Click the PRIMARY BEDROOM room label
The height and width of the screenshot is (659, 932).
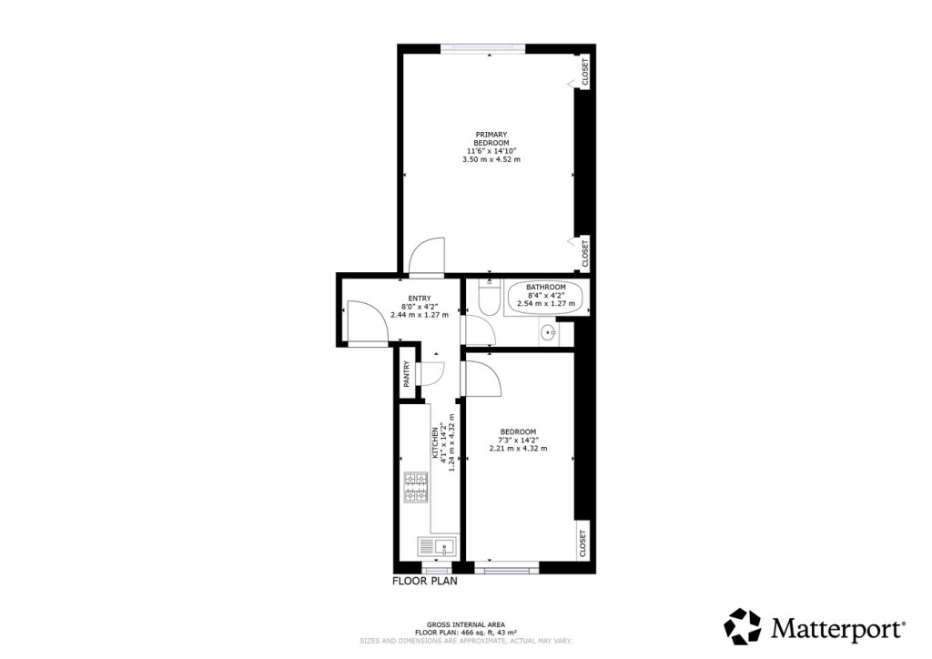pyautogui.click(x=491, y=138)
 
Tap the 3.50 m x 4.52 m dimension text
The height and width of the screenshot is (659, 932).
pyautogui.click(x=491, y=159)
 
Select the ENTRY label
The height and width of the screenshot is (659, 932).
pyautogui.click(x=419, y=299)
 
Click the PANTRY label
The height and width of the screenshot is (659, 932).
pyautogui.click(x=407, y=373)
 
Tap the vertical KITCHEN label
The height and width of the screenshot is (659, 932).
pyautogui.click(x=444, y=448)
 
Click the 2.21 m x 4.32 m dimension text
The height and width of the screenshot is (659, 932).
pyautogui.click(x=518, y=448)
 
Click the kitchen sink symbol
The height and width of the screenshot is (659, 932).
pyautogui.click(x=438, y=547)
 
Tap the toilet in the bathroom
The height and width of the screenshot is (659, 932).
pyautogui.click(x=487, y=299)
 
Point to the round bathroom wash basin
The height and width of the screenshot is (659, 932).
pyautogui.click(x=549, y=333)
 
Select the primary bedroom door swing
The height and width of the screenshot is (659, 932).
pyautogui.click(x=426, y=258)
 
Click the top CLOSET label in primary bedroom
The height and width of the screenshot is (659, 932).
pyautogui.click(x=584, y=72)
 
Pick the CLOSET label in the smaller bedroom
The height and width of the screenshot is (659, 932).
pyautogui.click(x=583, y=543)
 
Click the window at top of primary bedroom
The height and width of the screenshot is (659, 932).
pyautogui.click(x=481, y=48)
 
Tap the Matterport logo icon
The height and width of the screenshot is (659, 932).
pyautogui.click(x=742, y=626)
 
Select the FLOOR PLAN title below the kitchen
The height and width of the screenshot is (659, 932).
pyautogui.click(x=424, y=580)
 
